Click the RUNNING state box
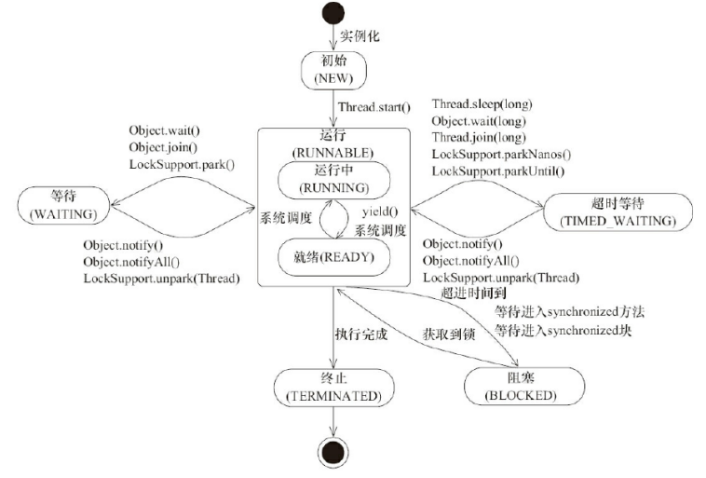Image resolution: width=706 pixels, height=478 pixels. click(x=333, y=179)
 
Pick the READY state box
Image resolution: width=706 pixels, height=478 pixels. click(x=333, y=257)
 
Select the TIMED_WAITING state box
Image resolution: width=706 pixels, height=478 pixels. click(x=618, y=212)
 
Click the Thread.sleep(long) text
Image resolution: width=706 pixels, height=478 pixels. click(x=482, y=104)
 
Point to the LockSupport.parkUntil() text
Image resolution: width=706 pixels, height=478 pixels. click(x=498, y=171)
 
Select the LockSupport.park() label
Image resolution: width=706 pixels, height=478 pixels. click(x=183, y=164)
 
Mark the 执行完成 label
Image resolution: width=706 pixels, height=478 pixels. click(x=360, y=334)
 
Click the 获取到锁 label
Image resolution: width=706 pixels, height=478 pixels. click(x=450, y=334)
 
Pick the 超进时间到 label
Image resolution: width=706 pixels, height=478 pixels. click(x=473, y=294)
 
